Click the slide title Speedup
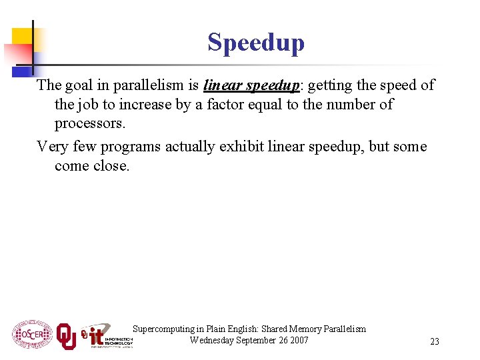pos(256,43)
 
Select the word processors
pos(89,124)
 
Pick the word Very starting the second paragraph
pos(51,147)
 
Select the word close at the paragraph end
pos(111,166)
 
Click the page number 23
pos(435,341)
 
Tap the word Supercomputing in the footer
pos(161,329)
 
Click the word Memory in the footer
pos(306,329)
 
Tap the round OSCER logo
pos(32,334)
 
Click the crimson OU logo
pos(66,335)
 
